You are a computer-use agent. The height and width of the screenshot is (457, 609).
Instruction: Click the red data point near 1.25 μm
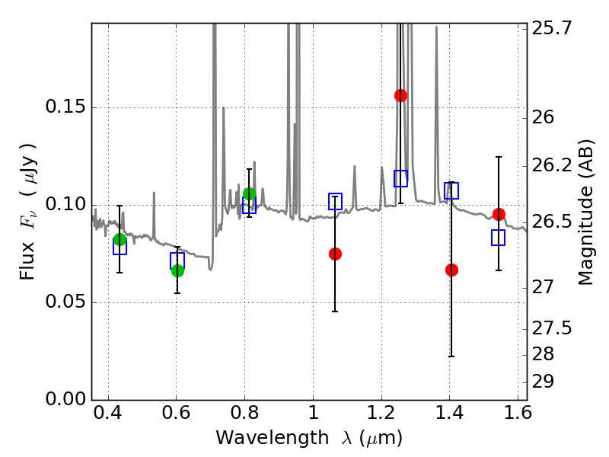coord(400,95)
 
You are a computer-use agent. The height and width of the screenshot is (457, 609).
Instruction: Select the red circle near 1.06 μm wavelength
coord(335,254)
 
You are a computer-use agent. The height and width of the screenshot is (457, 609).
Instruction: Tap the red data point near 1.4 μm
coord(451,270)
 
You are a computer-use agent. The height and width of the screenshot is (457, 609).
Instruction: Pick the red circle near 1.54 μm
coord(499,214)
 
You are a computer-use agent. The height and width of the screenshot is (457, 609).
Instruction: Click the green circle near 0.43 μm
coord(120,240)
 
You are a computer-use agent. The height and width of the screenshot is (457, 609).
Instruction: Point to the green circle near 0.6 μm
coord(177,270)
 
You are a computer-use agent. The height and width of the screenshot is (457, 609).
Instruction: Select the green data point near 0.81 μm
coord(249,193)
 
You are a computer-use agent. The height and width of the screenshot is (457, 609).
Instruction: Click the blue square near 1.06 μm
coord(335,201)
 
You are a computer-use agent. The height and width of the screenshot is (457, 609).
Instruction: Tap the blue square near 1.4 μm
coord(451,190)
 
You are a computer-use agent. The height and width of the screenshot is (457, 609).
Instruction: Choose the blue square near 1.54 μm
coord(498,238)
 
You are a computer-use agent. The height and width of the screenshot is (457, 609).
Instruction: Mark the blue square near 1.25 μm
coord(401,178)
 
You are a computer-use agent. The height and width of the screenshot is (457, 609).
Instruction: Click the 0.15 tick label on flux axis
coord(65,107)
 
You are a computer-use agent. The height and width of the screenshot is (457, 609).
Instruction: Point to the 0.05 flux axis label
coord(65,302)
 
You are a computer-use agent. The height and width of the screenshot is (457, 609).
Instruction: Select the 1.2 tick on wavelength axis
coord(381,412)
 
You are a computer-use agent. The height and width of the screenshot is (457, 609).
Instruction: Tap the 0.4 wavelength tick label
coord(108,412)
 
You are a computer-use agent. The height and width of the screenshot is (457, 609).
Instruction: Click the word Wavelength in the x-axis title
coord(273,438)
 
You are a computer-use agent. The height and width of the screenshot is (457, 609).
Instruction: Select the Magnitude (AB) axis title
coord(586,213)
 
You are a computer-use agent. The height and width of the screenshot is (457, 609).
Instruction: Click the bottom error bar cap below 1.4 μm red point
coord(451,356)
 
